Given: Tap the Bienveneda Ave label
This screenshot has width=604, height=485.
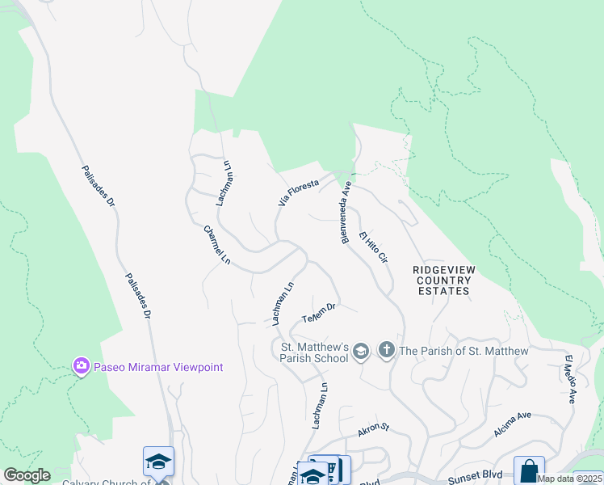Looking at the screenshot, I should [x=346, y=212].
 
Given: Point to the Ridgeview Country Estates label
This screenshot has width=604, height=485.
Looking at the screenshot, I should [x=444, y=280].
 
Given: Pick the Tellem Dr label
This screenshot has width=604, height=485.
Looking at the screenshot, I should [x=318, y=311].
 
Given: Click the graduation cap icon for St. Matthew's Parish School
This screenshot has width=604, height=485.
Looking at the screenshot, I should [x=360, y=350].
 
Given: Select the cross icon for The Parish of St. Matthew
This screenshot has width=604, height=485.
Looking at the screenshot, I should [x=386, y=350].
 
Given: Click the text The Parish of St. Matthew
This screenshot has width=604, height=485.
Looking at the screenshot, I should [x=463, y=351].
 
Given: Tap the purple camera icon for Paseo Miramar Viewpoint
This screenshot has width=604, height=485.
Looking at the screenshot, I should [x=81, y=367].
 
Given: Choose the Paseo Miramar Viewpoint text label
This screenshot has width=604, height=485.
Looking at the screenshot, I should [x=158, y=367].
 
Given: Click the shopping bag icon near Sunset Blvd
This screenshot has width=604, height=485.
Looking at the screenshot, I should [x=529, y=470].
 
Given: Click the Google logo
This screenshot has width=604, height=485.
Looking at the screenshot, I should [x=27, y=475].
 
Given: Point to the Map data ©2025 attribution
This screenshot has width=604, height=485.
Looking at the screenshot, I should [x=569, y=479].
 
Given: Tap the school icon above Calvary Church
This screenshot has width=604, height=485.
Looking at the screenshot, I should [x=158, y=462].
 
